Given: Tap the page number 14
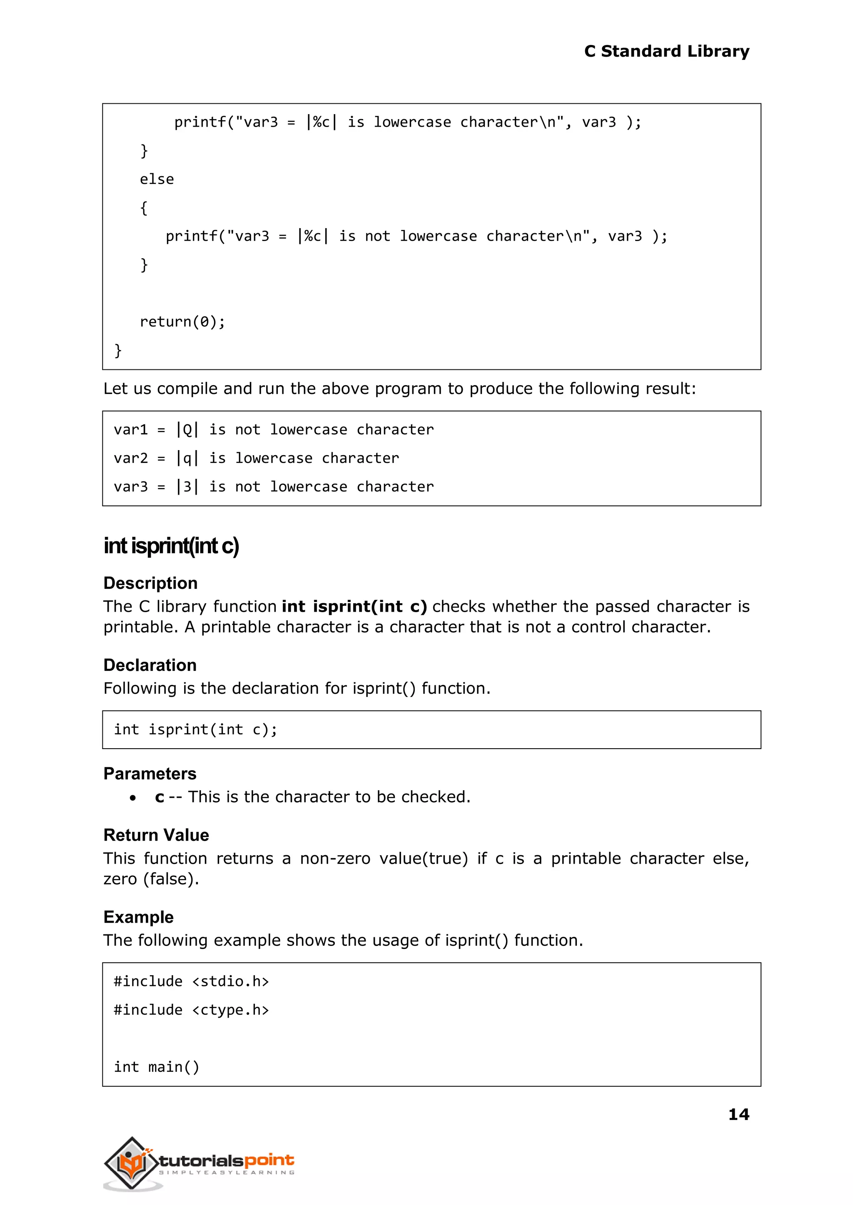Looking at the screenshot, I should click(738, 1114).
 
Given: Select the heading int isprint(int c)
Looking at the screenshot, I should click(171, 545).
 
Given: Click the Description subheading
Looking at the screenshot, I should click(150, 583).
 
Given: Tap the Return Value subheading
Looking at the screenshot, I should click(156, 835).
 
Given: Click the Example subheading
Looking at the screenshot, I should click(138, 917).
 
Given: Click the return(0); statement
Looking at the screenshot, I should click(182, 321).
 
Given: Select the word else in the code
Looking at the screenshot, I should click(157, 179).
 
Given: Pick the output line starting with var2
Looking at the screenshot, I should click(256, 458).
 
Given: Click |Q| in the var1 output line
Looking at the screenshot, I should click(187, 429).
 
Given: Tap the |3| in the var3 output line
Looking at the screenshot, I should click(187, 487).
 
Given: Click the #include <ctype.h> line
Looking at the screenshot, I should click(191, 1010).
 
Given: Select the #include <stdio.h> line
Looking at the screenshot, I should click(191, 981).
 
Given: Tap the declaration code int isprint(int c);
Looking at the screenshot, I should click(195, 729).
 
